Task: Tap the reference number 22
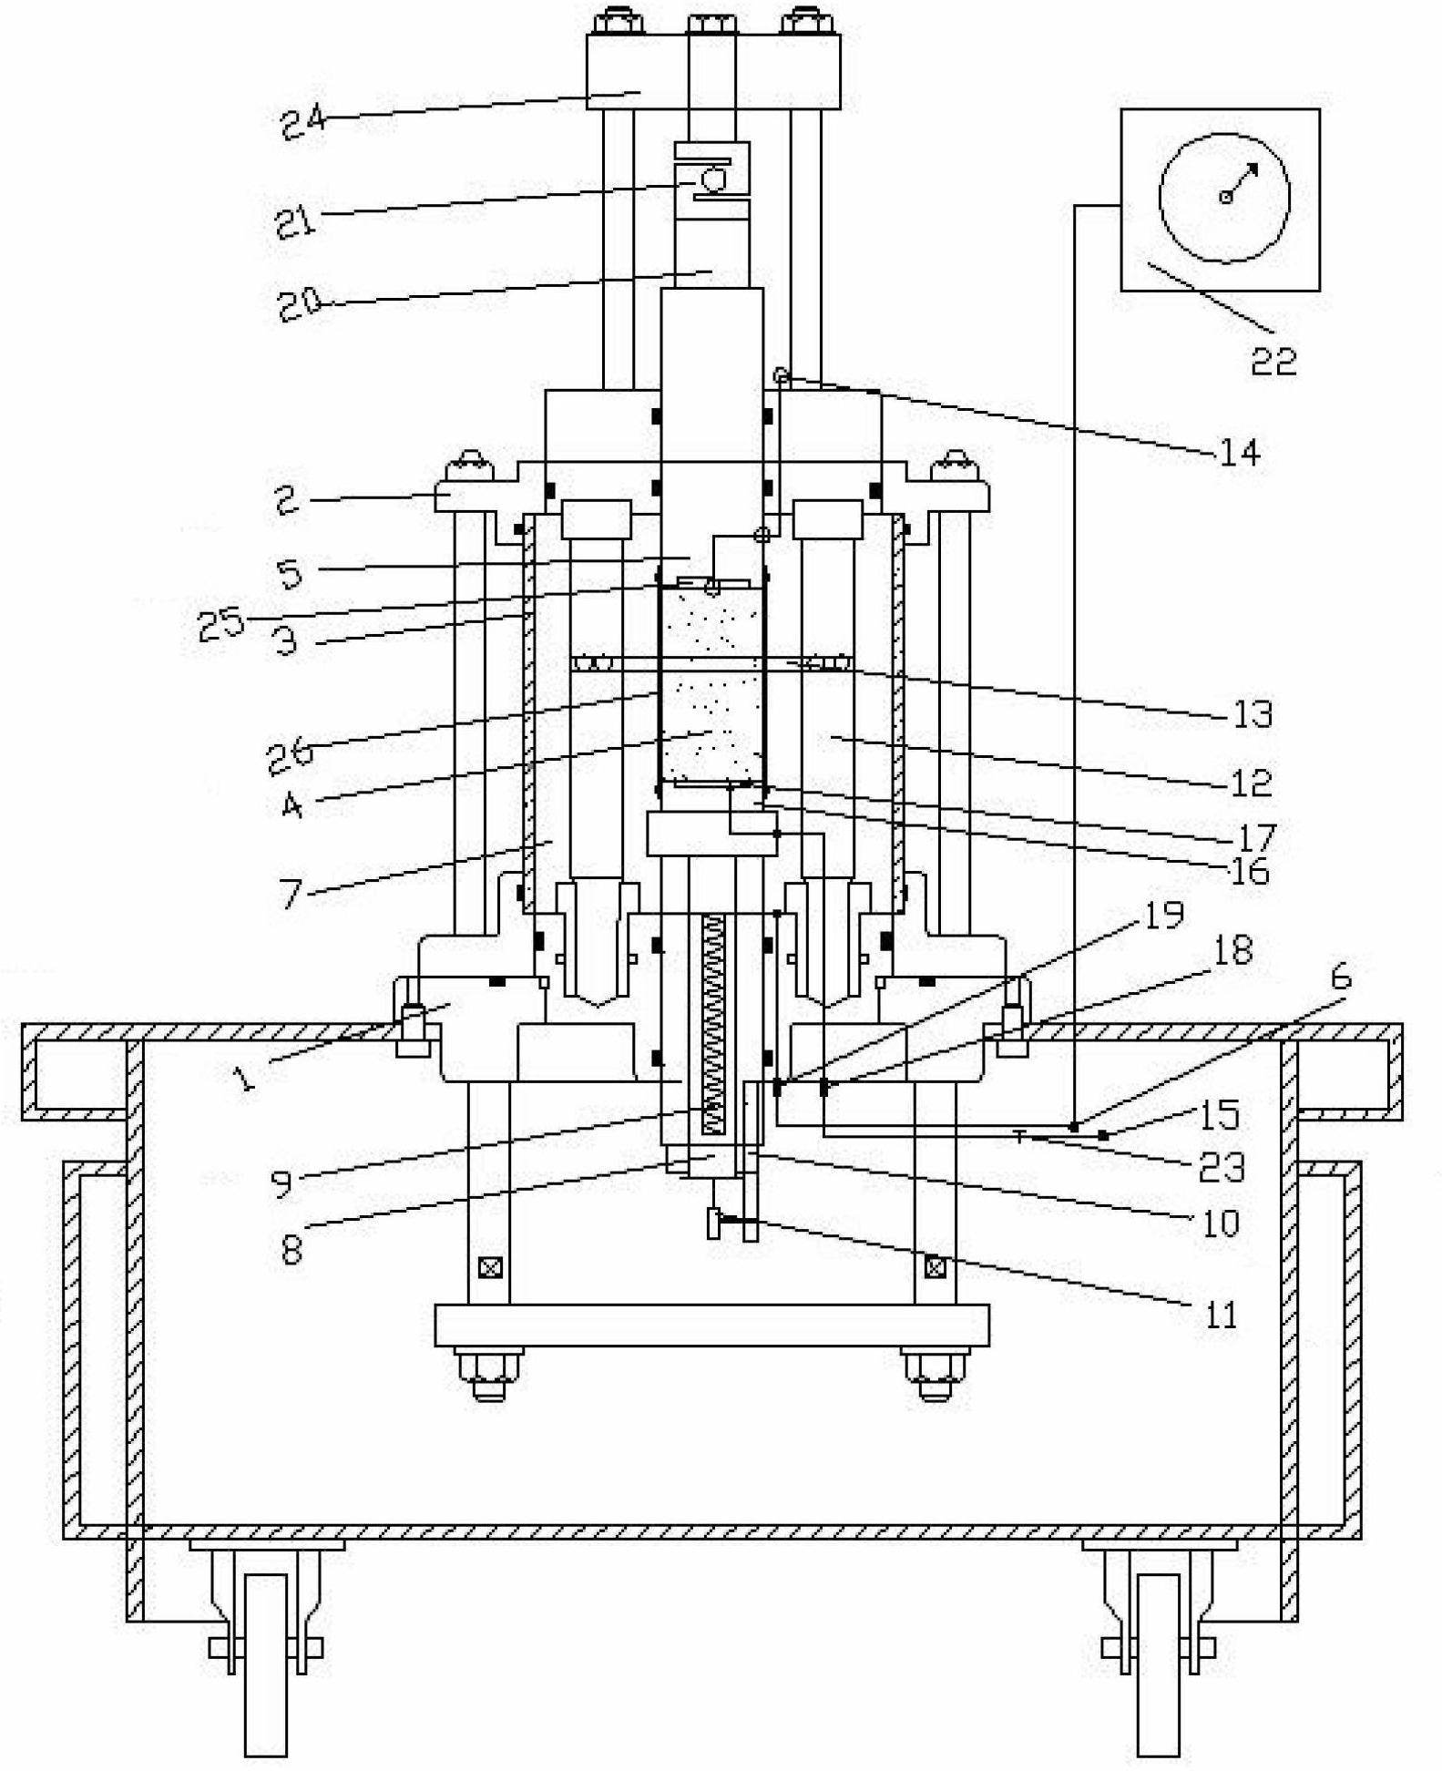(1273, 362)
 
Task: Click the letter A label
(291, 804)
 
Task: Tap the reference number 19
(1162, 915)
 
